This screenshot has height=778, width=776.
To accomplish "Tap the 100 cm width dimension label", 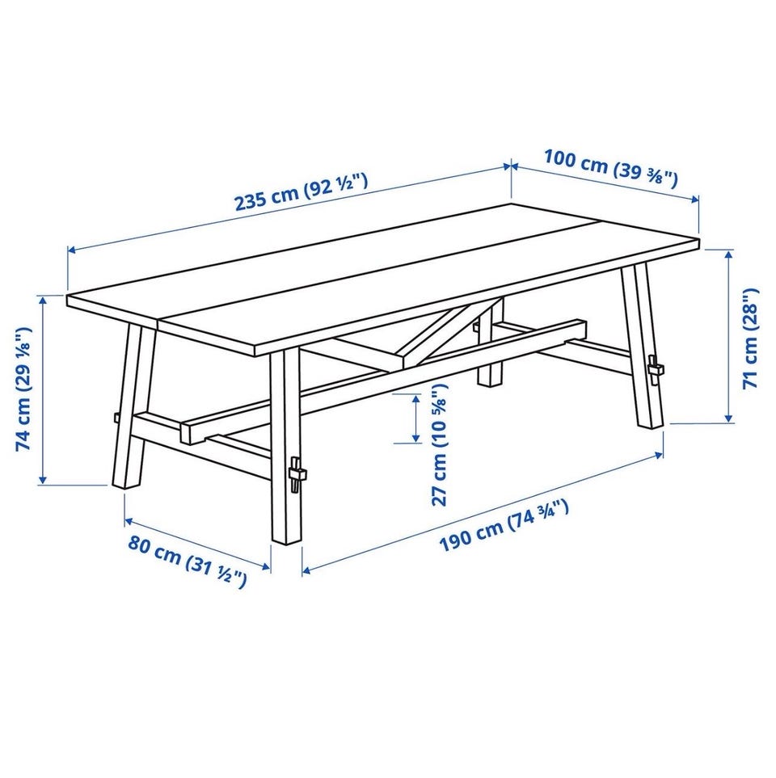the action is [610, 168].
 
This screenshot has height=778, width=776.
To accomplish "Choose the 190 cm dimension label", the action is [504, 526].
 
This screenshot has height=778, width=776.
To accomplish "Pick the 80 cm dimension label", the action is [188, 560].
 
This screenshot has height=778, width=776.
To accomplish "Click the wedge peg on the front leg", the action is [297, 474].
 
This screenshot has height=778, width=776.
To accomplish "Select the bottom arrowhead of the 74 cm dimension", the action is [43, 479].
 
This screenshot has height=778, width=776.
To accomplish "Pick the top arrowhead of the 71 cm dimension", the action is [728, 255].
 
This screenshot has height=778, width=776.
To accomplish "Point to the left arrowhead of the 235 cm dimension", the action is [73, 250].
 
